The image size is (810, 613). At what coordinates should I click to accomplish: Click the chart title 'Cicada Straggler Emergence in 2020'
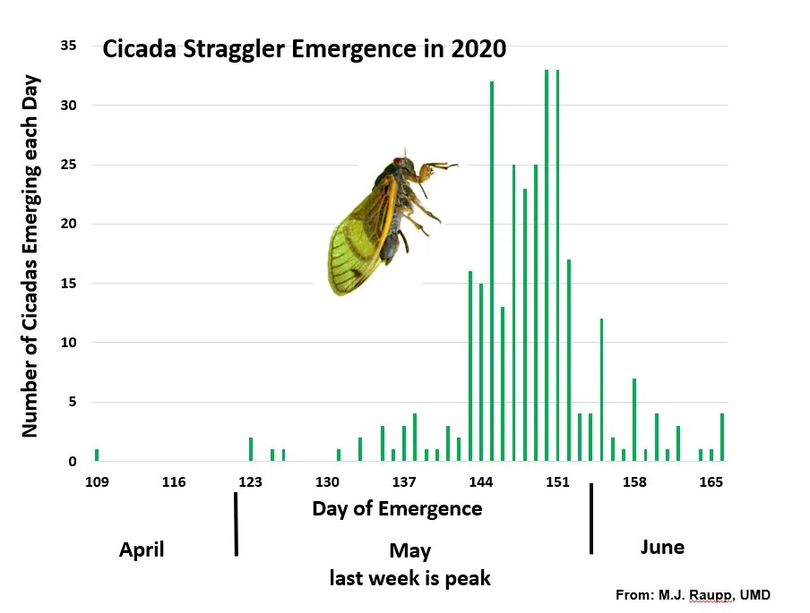(x=305, y=49)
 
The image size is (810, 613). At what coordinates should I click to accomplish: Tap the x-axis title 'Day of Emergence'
(x=397, y=509)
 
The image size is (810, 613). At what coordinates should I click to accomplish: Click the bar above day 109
(x=97, y=455)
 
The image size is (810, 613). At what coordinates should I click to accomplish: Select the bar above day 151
(x=557, y=266)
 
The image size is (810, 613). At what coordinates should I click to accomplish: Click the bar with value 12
(x=601, y=390)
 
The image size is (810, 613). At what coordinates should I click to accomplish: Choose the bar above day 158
(x=634, y=420)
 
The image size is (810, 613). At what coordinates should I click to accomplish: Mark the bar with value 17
(x=569, y=361)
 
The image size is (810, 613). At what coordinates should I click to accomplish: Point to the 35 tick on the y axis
(x=69, y=46)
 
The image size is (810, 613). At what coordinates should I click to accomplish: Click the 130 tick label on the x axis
(x=328, y=482)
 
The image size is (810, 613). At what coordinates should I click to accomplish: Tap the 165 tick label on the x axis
(x=711, y=482)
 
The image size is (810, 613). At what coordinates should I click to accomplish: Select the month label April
(x=142, y=549)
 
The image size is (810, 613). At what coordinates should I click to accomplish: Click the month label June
(x=662, y=547)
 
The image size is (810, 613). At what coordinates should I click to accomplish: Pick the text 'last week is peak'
(x=409, y=578)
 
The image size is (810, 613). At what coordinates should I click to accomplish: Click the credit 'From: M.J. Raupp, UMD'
(x=693, y=595)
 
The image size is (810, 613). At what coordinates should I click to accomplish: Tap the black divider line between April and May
(x=236, y=524)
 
